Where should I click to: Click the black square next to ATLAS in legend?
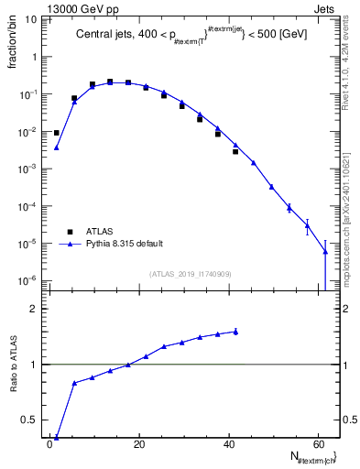tap(68, 232)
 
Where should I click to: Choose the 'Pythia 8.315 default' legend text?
tap(125, 245)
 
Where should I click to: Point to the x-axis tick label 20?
tap(138, 445)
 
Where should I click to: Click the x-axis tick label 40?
tap(227, 445)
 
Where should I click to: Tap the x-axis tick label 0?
tap(49, 445)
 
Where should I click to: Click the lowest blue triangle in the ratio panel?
tap(57, 437)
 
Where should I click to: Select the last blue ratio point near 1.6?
tap(235, 332)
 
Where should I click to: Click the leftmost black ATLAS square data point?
tap(57, 133)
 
